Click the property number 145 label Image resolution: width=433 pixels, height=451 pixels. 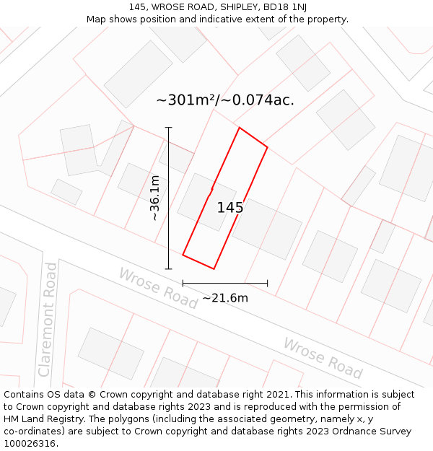(x=230, y=208)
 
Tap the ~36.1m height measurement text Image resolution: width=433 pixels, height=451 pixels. (x=154, y=198)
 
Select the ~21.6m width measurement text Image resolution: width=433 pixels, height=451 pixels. (x=225, y=298)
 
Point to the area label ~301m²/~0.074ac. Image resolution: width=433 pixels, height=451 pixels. (x=225, y=100)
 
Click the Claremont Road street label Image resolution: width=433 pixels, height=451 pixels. (x=48, y=319)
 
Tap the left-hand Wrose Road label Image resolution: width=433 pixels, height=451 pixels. (x=158, y=288)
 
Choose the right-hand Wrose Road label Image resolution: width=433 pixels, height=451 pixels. (x=323, y=358)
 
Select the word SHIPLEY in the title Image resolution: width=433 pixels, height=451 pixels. (x=226, y=6)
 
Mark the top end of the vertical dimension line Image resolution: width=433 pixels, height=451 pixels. (x=169, y=128)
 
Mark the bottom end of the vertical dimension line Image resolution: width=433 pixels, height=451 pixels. (x=169, y=269)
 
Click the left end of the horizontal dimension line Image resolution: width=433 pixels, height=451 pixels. (x=183, y=283)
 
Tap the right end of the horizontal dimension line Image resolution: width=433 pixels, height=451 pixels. (x=268, y=283)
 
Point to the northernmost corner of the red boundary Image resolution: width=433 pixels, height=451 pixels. (x=239, y=128)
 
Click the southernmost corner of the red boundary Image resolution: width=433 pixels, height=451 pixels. (x=214, y=269)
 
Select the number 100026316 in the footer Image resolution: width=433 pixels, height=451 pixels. (x=29, y=444)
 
